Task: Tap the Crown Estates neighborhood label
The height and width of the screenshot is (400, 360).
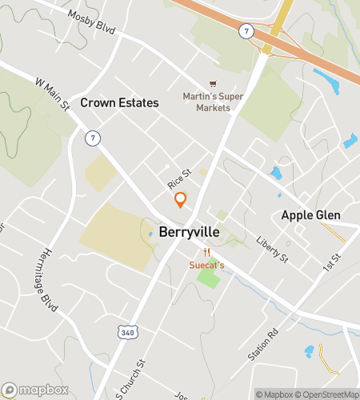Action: click(119, 103)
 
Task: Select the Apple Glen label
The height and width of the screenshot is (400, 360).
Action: click(310, 215)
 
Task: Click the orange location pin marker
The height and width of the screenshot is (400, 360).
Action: click(181, 199)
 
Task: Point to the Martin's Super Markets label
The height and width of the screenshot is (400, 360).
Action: click(212, 102)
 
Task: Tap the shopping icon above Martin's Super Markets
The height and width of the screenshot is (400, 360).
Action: click(212, 83)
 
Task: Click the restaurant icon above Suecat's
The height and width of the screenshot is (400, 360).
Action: click(206, 251)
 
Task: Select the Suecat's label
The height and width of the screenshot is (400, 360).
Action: click(206, 265)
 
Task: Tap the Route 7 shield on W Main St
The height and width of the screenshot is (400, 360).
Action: click(93, 139)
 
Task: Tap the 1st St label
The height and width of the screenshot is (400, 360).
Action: click(332, 263)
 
